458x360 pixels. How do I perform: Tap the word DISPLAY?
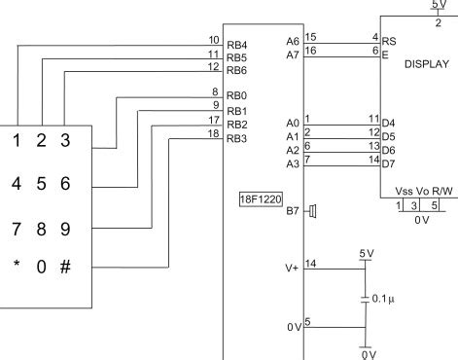point(426,64)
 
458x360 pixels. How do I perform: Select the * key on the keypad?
point(16,266)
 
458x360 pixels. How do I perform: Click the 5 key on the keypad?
point(41,183)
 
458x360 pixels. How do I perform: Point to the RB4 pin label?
point(237,45)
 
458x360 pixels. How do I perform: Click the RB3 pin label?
point(237,139)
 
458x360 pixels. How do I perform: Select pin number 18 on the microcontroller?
point(212,133)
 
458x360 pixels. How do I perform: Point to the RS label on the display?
point(388,42)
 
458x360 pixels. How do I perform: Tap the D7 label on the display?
point(388,163)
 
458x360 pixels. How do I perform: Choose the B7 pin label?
point(293,210)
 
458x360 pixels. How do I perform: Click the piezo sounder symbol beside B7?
point(313,210)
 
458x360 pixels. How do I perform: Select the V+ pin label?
point(293,267)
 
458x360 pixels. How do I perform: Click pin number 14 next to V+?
point(310,263)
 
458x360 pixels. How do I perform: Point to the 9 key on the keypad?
point(65,230)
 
